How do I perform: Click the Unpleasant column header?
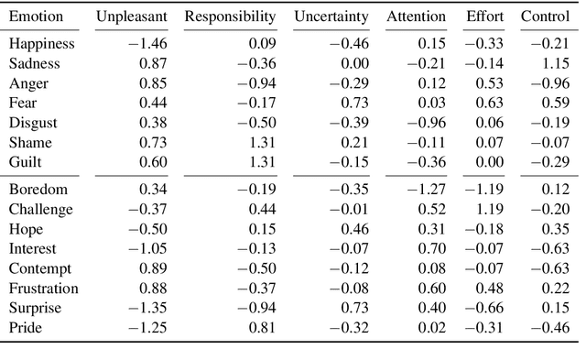click(x=132, y=17)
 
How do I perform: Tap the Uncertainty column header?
click(x=331, y=17)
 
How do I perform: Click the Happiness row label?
click(x=42, y=44)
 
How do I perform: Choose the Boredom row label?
click(x=38, y=190)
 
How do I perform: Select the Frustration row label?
click(x=44, y=289)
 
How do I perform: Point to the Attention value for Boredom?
click(x=427, y=190)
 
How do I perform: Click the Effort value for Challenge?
click(x=490, y=210)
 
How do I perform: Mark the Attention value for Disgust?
click(x=427, y=124)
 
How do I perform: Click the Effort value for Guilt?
click(x=490, y=162)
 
